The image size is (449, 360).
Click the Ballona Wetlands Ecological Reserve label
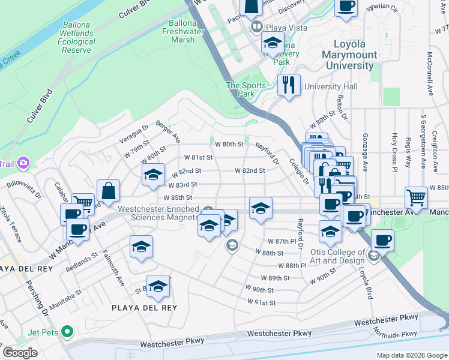tap(76, 37)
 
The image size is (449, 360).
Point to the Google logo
tap(20, 353)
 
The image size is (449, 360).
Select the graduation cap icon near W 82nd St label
tap(153, 175)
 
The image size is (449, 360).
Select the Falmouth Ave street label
tap(113, 268)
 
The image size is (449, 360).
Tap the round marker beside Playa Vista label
tap(256, 28)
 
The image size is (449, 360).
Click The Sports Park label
tap(246, 89)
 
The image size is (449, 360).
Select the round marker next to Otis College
tap(373, 256)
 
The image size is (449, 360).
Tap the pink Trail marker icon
tap(23, 163)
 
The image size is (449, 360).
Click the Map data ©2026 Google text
tap(412, 355)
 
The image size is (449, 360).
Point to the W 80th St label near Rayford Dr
tap(232, 144)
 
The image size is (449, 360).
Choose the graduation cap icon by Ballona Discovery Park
tap(272, 43)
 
